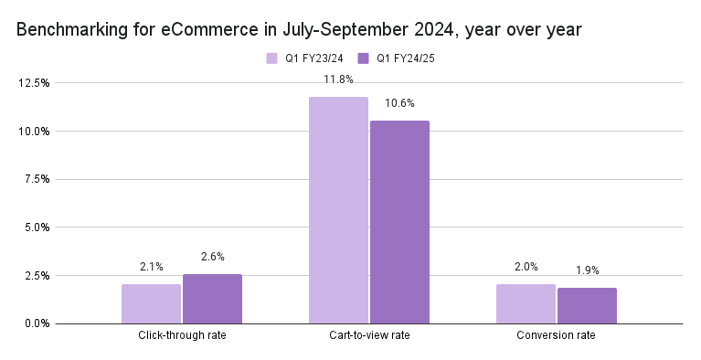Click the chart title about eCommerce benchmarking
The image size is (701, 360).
pyautogui.click(x=299, y=31)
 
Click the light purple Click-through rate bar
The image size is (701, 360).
pyautogui.click(x=151, y=303)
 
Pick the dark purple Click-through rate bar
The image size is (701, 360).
pyautogui.click(x=212, y=299)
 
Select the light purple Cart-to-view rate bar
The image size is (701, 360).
pyautogui.click(x=338, y=210)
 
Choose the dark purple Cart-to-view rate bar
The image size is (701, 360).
pyautogui.click(x=399, y=222)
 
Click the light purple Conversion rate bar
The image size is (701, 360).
pyautogui.click(x=526, y=304)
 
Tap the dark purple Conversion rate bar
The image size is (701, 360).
pyautogui.click(x=587, y=306)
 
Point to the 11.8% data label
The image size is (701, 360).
pyautogui.click(x=338, y=79)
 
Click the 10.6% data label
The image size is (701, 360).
pyautogui.click(x=399, y=102)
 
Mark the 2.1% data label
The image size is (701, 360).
pyautogui.click(x=151, y=267)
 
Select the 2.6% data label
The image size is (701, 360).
pyautogui.click(x=212, y=257)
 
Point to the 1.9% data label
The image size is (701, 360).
pyautogui.click(x=587, y=270)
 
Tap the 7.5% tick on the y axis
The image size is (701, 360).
pyautogui.click(x=37, y=179)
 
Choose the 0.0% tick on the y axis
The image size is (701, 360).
pyautogui.click(x=37, y=323)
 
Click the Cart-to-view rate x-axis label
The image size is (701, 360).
pyautogui.click(x=368, y=336)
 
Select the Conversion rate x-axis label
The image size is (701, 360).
pyautogui.click(x=556, y=336)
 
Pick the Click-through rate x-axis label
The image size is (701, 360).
pyautogui.click(x=182, y=336)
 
